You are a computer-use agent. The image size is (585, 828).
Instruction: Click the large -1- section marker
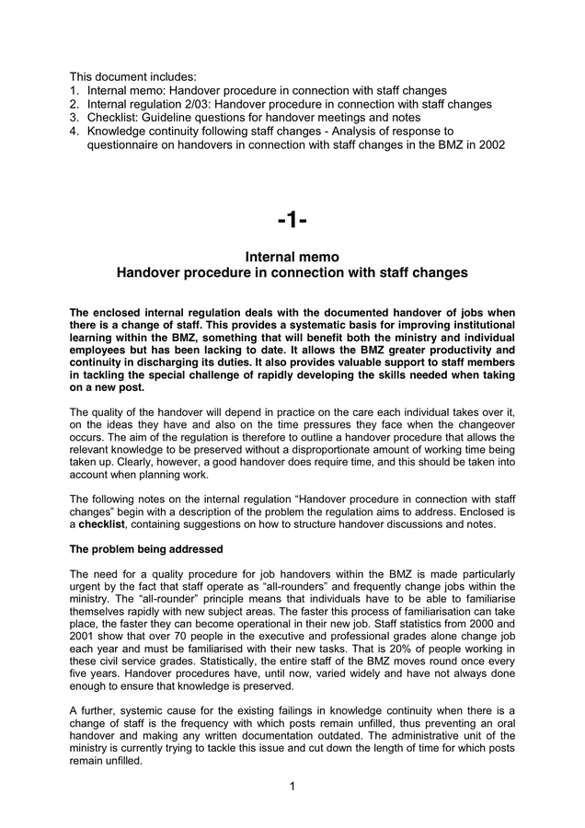click(x=292, y=220)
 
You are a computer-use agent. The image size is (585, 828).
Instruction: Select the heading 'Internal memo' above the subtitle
click(x=292, y=257)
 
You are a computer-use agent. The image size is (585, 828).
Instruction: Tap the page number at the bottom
click(x=292, y=786)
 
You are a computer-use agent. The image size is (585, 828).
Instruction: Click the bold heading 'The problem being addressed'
click(x=145, y=549)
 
